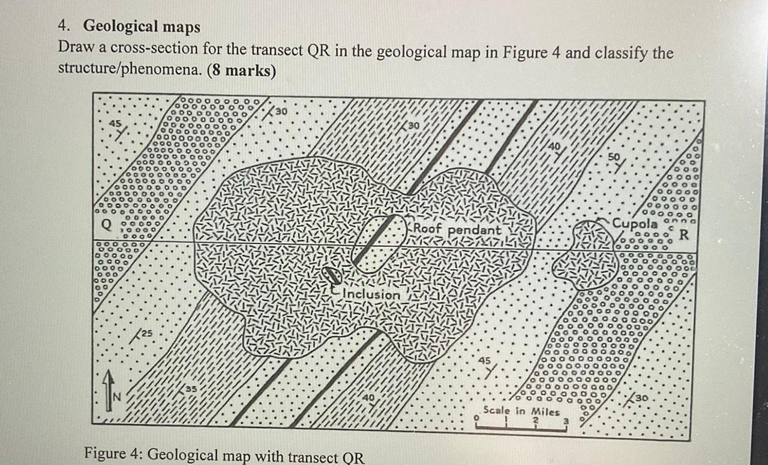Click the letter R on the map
click(683, 235)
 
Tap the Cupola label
click(635, 222)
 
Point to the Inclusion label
click(372, 294)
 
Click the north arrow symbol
click(109, 390)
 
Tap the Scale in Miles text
click(521, 412)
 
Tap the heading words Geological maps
click(142, 26)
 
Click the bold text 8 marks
click(242, 71)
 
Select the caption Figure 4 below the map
click(224, 454)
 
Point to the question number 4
click(62, 26)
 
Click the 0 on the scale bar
click(475, 416)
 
